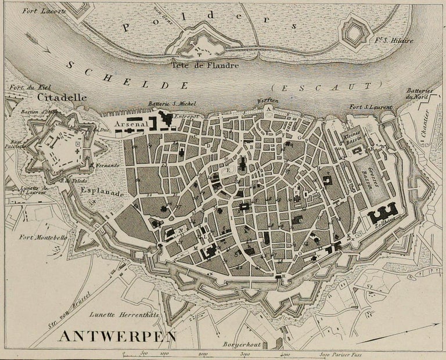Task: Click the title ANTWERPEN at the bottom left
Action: (117, 337)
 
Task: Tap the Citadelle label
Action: (61, 98)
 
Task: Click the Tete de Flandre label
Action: (205, 66)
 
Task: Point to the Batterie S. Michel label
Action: (172, 103)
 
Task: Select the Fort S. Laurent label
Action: (371, 107)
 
